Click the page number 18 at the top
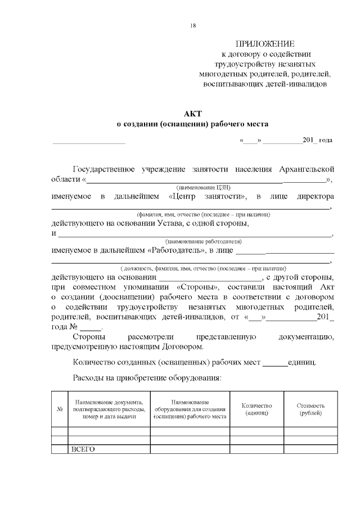[x=193, y=25]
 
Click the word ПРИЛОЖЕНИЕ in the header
[x=264, y=44]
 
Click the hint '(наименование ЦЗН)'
[x=204, y=187]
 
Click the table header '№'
[x=59, y=409]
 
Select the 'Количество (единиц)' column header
[x=256, y=409]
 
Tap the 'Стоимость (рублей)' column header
[x=310, y=409]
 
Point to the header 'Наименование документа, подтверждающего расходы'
[x=109, y=409]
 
